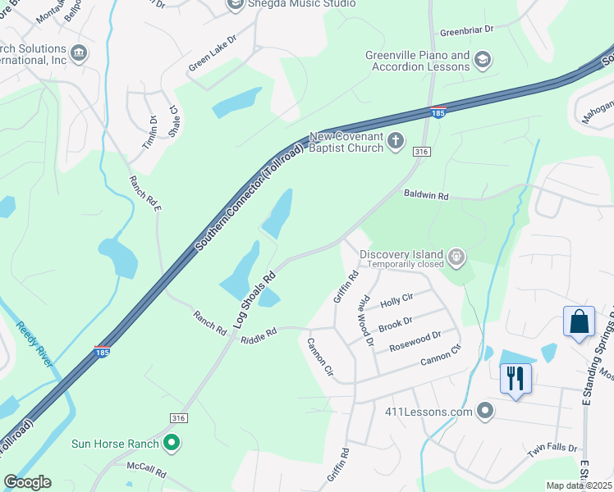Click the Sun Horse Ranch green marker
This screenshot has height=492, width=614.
[x=172, y=444]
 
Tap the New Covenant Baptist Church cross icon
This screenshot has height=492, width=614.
[x=396, y=141]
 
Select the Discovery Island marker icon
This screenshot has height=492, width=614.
[x=457, y=259]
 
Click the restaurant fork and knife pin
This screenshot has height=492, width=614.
[x=515, y=379]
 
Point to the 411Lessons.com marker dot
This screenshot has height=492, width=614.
[x=485, y=411]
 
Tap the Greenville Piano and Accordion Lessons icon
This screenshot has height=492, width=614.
[x=483, y=61]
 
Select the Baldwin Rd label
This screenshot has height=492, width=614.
[x=426, y=196]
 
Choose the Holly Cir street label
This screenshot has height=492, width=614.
[x=396, y=302]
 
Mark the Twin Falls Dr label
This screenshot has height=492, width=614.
[x=552, y=450]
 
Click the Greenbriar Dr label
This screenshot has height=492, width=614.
[x=466, y=30]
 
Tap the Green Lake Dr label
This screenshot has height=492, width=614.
[x=212, y=52]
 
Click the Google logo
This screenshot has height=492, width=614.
[x=27, y=482]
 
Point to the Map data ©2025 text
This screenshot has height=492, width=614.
[x=580, y=485]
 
